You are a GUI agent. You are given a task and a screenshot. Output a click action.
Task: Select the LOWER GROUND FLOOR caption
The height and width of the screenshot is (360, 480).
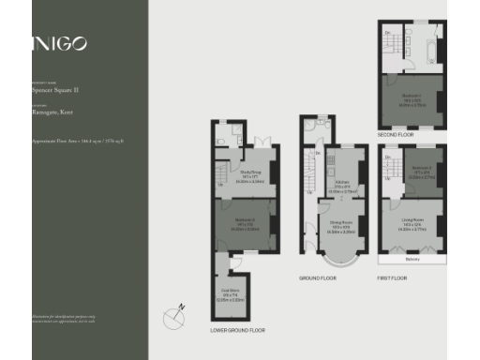pyautogui.click(x=237, y=330)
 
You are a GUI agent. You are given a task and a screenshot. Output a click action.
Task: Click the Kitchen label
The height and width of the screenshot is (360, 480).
pyautogui.click(x=340, y=186)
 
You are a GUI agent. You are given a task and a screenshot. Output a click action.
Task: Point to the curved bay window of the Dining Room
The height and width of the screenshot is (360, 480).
pyautogui.click(x=339, y=262)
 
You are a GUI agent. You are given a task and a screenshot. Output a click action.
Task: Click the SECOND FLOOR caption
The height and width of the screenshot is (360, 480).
pyautogui.click(x=396, y=135)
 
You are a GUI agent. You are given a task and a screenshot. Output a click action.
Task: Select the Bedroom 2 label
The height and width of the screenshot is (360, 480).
pyautogui.click(x=419, y=172)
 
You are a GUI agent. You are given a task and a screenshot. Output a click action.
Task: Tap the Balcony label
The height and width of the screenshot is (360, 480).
pyautogui.click(x=412, y=260)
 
